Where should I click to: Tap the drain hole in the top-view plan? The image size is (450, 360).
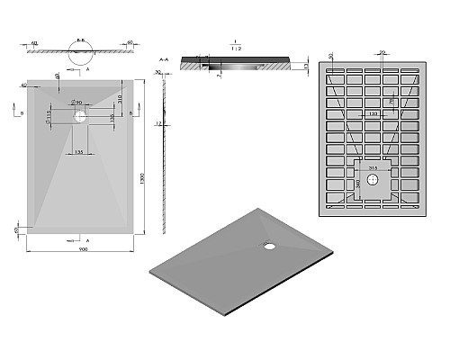click(79, 115)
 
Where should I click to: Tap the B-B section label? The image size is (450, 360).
click(82, 40)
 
